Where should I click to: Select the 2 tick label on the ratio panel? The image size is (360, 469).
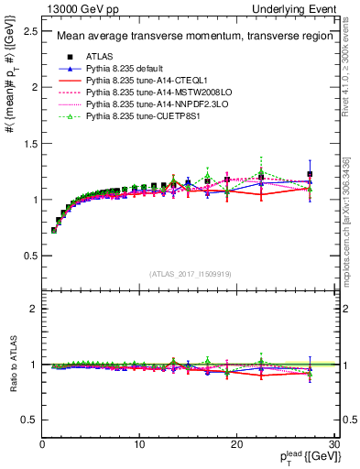point(36,309)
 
